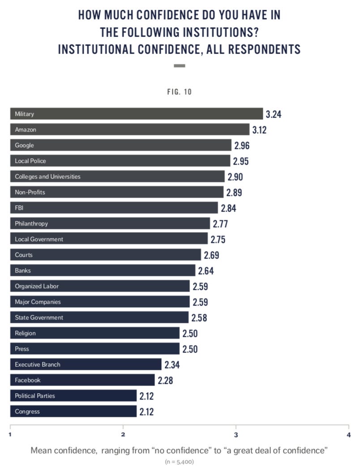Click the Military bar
click(137, 114)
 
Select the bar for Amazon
click(130, 129)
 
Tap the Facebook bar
click(82, 380)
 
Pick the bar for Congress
click(73, 411)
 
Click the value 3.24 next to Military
click(273, 114)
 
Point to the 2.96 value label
click(241, 145)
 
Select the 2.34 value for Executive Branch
click(172, 365)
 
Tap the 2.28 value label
click(165, 380)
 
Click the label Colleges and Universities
click(47, 176)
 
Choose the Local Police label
click(30, 161)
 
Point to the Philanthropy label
click(31, 223)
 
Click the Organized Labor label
click(37, 286)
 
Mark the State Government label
click(39, 317)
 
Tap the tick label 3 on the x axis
click(236, 434)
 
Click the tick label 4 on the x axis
click(348, 434)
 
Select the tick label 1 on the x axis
click(10, 434)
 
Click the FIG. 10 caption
click(179, 92)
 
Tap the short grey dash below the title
click(179, 66)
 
